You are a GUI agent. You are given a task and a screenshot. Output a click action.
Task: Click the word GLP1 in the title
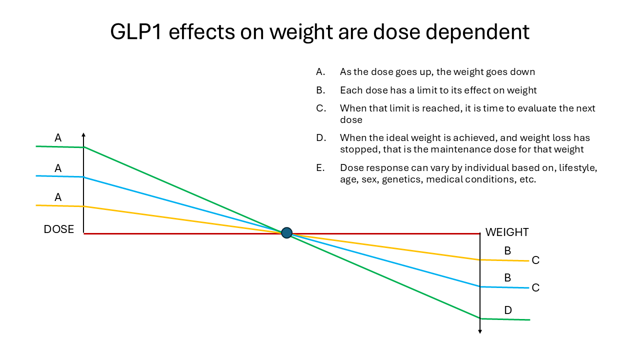(x=136, y=32)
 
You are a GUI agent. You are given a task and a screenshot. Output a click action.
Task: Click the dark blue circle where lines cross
(x=286, y=232)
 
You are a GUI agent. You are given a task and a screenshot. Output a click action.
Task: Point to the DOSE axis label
(x=59, y=229)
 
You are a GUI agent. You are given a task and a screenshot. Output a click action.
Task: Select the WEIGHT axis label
(x=507, y=232)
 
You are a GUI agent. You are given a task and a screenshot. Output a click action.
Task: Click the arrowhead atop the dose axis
(x=83, y=134)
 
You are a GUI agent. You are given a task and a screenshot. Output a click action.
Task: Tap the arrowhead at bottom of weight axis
(x=480, y=331)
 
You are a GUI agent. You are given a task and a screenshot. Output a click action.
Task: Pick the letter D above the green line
(x=508, y=310)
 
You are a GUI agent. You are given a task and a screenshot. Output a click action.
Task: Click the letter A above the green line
(x=58, y=138)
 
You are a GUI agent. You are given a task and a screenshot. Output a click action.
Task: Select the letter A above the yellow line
(x=58, y=197)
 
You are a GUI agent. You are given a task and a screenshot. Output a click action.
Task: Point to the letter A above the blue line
(x=58, y=168)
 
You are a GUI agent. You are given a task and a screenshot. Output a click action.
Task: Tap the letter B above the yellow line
(x=507, y=251)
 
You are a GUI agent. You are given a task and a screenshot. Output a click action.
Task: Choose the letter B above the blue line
(x=507, y=278)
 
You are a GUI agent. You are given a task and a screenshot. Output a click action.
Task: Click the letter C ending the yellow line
(x=535, y=260)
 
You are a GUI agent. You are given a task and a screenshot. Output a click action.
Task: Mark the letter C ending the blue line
(x=535, y=288)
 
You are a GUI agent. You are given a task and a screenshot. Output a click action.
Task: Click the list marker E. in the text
(x=320, y=168)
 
